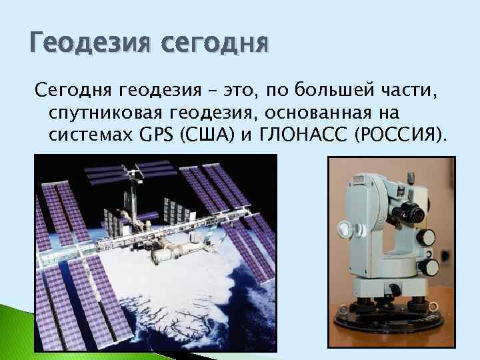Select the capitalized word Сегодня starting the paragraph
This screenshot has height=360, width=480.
coord(74,89)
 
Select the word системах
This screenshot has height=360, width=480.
coord(91,136)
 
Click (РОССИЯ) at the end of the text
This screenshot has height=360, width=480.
coord(401,136)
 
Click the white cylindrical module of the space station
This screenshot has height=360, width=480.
coord(167,254)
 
